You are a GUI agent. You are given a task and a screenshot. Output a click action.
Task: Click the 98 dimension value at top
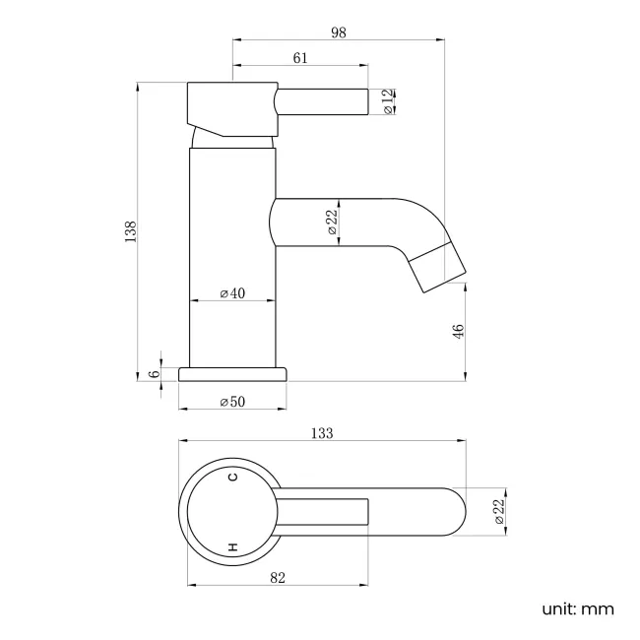click(x=339, y=32)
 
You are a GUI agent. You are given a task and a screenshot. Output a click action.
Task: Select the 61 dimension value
click(x=300, y=58)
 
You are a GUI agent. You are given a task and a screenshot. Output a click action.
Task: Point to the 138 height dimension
click(x=130, y=231)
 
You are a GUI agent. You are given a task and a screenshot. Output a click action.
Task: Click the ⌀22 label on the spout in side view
click(x=332, y=222)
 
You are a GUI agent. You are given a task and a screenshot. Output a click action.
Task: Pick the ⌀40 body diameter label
click(x=232, y=293)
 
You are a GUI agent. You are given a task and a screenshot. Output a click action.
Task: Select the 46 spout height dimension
click(x=458, y=332)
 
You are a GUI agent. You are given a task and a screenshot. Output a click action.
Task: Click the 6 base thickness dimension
click(x=153, y=374)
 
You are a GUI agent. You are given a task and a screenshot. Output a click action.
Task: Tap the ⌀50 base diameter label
click(x=232, y=402)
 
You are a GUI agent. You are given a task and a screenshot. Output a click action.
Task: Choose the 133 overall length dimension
click(x=322, y=433)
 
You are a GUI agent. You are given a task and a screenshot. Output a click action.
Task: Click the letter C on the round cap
click(x=233, y=478)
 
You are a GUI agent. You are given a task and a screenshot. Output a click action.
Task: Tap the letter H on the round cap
click(x=233, y=545)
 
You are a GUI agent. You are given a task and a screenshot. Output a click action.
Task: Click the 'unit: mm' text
click(x=578, y=608)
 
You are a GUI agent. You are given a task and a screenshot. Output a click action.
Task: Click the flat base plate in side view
click(x=232, y=373)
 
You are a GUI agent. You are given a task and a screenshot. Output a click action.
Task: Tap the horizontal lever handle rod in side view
click(x=325, y=101)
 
